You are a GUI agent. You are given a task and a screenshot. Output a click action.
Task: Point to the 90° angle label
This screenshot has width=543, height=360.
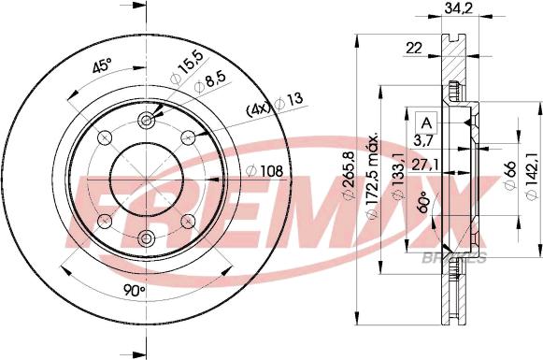136,291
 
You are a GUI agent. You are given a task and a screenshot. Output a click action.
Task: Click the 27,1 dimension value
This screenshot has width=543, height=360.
431,164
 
